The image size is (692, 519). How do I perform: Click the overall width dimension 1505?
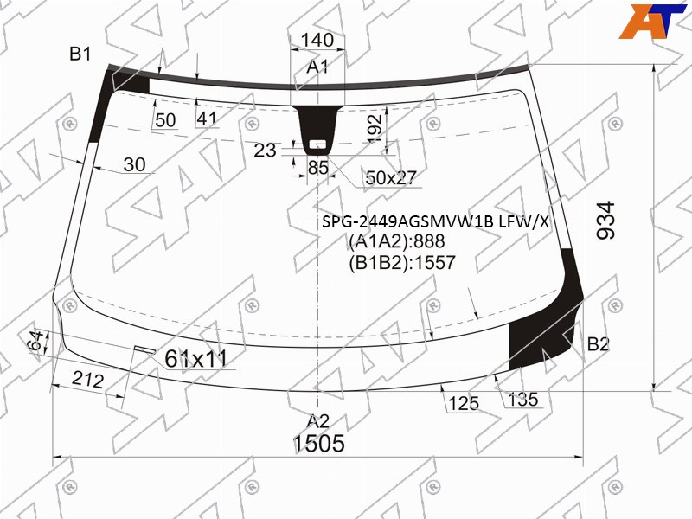(x=318, y=443)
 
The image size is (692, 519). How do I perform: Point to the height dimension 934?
(x=605, y=221)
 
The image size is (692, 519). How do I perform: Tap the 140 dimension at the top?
(x=317, y=40)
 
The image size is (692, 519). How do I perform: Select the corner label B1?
(x=80, y=54)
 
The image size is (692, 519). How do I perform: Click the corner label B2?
(x=598, y=343)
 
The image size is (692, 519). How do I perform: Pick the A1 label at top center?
(x=317, y=67)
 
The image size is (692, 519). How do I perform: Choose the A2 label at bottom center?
(x=318, y=421)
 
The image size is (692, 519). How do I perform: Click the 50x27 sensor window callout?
(x=391, y=177)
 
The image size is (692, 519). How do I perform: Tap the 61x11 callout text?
(x=195, y=358)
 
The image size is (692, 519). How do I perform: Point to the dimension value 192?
(x=375, y=128)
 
